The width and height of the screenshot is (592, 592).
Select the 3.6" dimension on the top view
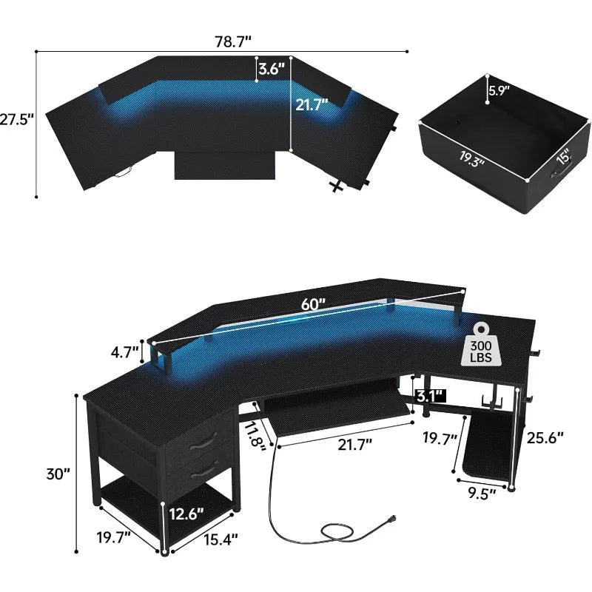pyautogui.click(x=272, y=70)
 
